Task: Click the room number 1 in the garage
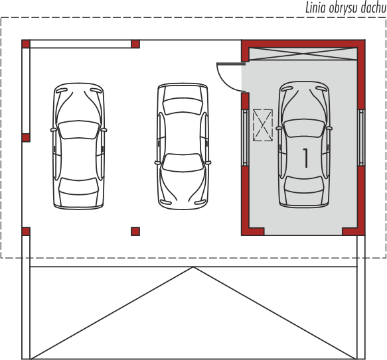pyautogui.click(x=305, y=158)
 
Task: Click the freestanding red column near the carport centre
pyautogui.click(x=135, y=231)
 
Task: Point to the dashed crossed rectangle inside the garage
pyautogui.click(x=263, y=125)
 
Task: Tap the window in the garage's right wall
pyautogui.click(x=361, y=138)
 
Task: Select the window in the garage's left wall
pyautogui.click(x=245, y=138)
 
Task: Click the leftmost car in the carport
pyautogui.click(x=79, y=146)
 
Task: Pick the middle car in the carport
pyautogui.click(x=183, y=147)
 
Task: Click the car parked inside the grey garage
pyautogui.click(x=304, y=145)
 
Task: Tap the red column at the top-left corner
pyautogui.click(x=26, y=44)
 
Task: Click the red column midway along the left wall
pyautogui.click(x=26, y=138)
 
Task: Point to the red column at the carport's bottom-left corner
pyautogui.click(x=26, y=231)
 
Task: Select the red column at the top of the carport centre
pyautogui.click(x=135, y=44)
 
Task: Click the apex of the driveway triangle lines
pyautogui.click(x=194, y=267)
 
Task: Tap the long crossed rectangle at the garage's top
pyautogui.click(x=303, y=54)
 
